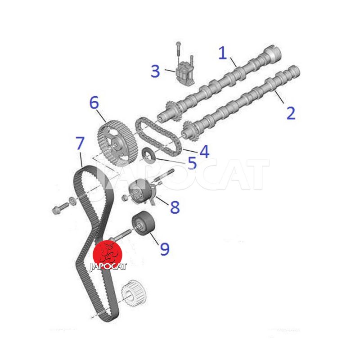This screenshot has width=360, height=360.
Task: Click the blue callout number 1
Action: [223, 53]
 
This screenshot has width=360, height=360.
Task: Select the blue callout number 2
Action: [291, 113]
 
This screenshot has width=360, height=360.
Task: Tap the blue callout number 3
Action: [155, 71]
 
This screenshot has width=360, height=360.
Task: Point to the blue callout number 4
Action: [204, 152]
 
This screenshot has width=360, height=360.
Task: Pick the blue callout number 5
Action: [193, 163]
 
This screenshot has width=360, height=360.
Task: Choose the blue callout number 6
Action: [94, 103]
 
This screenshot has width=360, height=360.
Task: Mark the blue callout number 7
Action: [80, 143]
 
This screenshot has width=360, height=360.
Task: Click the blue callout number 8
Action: [175, 207]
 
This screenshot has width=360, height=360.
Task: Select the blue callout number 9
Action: [165, 249]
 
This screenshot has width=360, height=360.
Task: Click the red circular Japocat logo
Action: [108, 255]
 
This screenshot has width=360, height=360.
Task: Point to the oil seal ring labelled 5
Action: [149, 156]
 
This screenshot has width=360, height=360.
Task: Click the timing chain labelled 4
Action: [158, 136]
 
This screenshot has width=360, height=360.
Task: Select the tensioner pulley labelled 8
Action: [140, 191]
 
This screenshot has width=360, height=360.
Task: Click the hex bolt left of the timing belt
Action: [61, 207]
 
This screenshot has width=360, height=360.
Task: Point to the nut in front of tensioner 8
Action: [124, 198]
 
